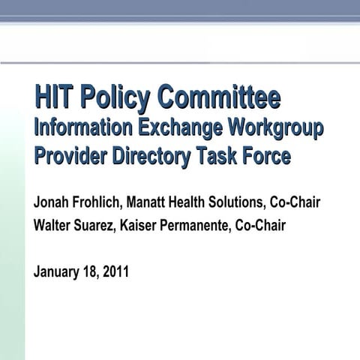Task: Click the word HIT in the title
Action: pyautogui.click(x=55, y=98)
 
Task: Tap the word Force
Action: pyautogui.click(x=262, y=156)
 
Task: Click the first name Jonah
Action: pyautogui.click(x=51, y=202)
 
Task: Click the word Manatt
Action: pyautogui.click(x=150, y=202)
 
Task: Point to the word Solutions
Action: pyautogui.click(x=241, y=202)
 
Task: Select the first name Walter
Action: pyautogui.click(x=53, y=225)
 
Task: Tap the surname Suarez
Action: pyautogui.click(x=101, y=225)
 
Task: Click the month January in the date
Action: pyautogui.click(x=58, y=271)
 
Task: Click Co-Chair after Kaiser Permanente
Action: pyautogui.click(x=260, y=225)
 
